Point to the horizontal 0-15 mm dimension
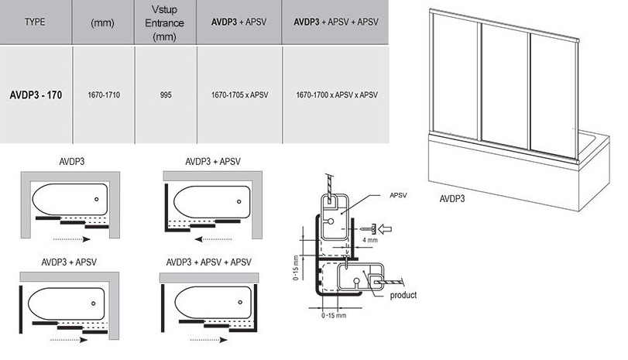(x=333, y=316)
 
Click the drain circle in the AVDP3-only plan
(x=96, y=199)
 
